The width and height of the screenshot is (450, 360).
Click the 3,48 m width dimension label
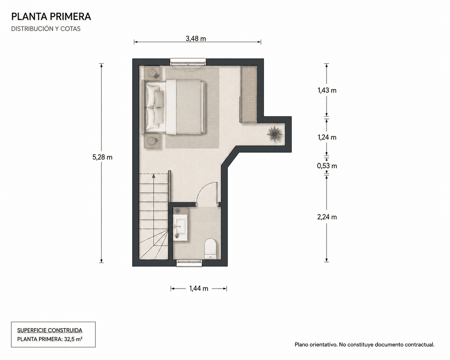pos(196,39)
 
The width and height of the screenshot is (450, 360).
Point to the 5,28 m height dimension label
pos(102,157)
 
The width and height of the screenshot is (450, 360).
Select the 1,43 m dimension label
pos(327,90)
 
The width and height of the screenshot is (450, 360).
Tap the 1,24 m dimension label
pos(327,137)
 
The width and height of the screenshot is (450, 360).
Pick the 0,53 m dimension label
pos(327,166)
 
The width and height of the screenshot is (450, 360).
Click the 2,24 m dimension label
pos(327,217)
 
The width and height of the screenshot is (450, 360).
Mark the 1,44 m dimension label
pos(199,289)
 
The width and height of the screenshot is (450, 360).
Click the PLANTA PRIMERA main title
pos(51,17)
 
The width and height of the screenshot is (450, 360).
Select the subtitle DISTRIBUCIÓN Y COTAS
pos(46,29)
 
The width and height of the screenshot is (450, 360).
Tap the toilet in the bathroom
pos(210,249)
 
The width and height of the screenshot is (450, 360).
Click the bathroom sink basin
pos(180,227)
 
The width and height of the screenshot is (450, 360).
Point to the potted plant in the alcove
pos(274,134)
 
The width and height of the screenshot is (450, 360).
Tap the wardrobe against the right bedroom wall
pos(248,94)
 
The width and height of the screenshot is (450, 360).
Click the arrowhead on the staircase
pos(154,176)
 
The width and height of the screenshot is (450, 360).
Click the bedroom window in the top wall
pos(188,62)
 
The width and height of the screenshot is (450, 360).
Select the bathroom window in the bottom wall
pos(189,263)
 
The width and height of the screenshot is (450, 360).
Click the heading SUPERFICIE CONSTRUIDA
pos(50,330)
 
